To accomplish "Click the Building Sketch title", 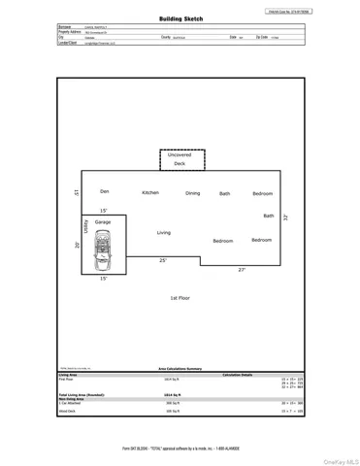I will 180,18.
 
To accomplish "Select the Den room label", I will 104,192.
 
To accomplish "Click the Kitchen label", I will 150,192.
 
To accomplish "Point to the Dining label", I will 193,193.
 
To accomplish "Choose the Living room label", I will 163,232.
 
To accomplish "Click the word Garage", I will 103,222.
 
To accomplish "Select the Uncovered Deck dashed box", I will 180,159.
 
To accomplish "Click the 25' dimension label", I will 163,260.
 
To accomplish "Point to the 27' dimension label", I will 242,269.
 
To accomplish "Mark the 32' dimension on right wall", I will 285,218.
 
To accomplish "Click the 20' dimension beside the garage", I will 77,245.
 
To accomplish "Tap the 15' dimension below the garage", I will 103,279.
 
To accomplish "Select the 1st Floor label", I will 180,298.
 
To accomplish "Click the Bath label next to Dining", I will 224,193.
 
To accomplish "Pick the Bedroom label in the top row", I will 262,193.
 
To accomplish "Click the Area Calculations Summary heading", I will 180,369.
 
